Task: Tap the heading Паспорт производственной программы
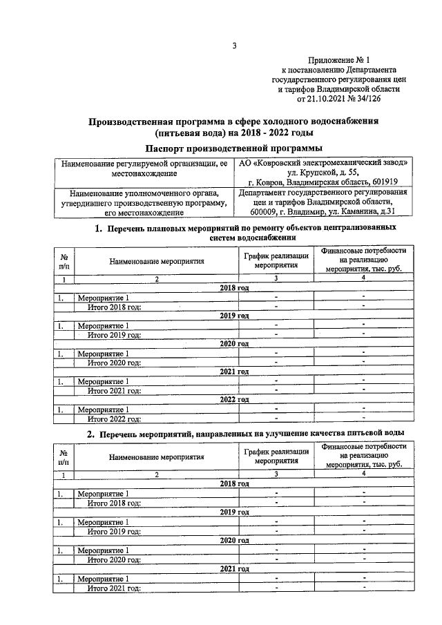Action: (x=234, y=148)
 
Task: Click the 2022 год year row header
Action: (x=234, y=399)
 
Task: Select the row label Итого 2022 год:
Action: (x=114, y=418)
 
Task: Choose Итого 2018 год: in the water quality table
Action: (x=114, y=502)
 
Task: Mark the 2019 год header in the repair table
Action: (x=234, y=315)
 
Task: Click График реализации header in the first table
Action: (x=275, y=260)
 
